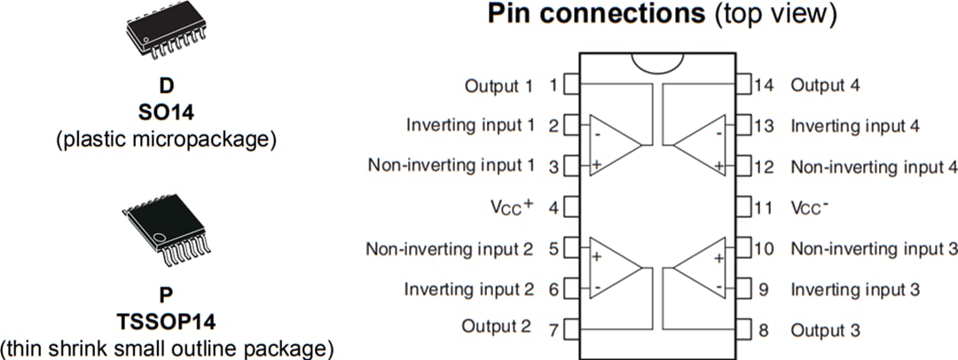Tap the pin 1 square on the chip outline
click(x=570, y=85)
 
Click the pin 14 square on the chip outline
click(x=744, y=85)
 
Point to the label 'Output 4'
click(x=825, y=85)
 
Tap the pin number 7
click(x=553, y=330)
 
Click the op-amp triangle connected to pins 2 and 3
click(x=612, y=145)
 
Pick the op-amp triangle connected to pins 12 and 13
click(x=702, y=145)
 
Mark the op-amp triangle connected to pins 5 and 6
click(x=612, y=269)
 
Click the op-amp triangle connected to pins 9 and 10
click(x=702, y=269)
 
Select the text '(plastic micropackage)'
click(x=166, y=138)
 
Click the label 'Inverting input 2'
click(x=469, y=289)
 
